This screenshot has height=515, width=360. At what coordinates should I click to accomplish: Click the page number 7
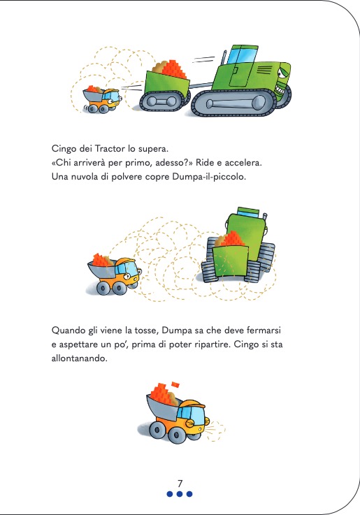point(180,484)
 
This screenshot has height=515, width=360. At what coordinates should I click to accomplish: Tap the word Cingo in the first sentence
point(64,149)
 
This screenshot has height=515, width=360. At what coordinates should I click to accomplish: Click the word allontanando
point(79,358)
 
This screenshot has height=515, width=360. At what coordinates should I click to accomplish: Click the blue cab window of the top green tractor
point(242,56)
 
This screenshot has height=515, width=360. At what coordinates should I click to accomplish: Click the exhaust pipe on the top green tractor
point(224,57)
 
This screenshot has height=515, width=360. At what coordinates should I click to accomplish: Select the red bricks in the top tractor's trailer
point(173,69)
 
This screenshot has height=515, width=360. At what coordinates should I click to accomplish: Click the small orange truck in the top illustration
point(102,99)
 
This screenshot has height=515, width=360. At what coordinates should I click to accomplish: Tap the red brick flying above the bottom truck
point(175,384)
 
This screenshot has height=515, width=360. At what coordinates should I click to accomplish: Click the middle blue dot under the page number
point(180,493)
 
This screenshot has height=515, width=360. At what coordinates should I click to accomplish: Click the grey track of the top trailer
point(162,101)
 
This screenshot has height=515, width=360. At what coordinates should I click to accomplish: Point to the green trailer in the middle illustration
point(230,261)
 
